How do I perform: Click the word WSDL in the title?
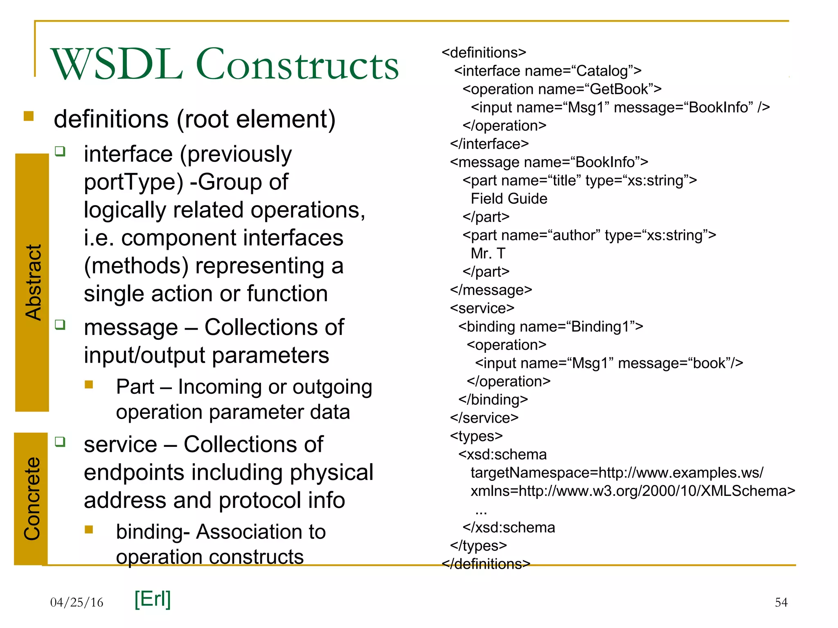tap(117, 65)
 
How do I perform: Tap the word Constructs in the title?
tap(297, 65)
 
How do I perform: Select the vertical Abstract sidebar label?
tap(33, 282)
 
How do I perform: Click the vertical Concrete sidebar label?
tap(32, 499)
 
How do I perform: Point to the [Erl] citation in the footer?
tap(152, 599)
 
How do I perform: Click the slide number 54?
tap(781, 602)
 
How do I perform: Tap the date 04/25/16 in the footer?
tap(77, 602)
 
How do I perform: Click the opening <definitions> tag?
tap(484, 53)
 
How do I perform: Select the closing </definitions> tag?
tap(486, 564)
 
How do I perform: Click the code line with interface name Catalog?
tap(547, 71)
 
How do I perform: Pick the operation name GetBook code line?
tap(562, 89)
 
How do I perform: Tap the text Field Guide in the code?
tap(509, 199)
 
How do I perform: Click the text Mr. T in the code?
tap(488, 253)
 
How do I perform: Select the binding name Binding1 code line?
tap(550, 327)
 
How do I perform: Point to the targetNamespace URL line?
tap(617, 473)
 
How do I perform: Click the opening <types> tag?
tap(476, 436)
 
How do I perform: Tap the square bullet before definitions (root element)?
tap(29, 116)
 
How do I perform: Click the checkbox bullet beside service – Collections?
tap(60, 442)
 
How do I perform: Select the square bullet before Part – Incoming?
tap(89, 384)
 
